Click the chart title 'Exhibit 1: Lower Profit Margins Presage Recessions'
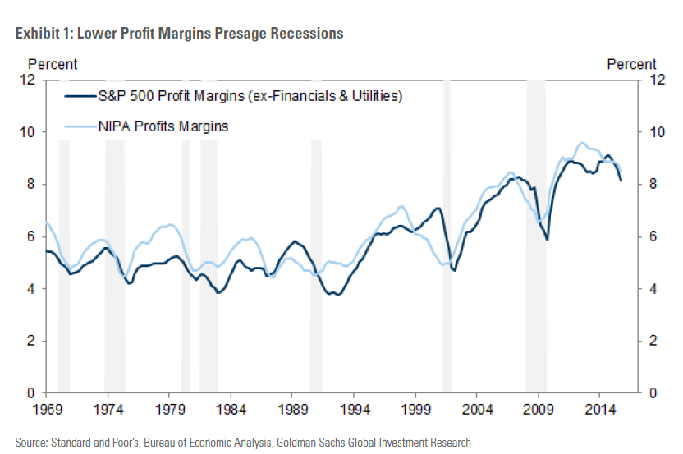tap(179, 34)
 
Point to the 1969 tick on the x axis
tap(46, 408)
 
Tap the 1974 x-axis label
tap(108, 408)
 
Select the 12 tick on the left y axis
tap(28, 80)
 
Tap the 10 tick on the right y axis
tap(656, 132)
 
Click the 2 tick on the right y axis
tap(653, 341)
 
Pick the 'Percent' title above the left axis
tap(53, 64)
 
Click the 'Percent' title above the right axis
tap(631, 64)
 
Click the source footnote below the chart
tap(243, 443)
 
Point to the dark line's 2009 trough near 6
tap(547, 240)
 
